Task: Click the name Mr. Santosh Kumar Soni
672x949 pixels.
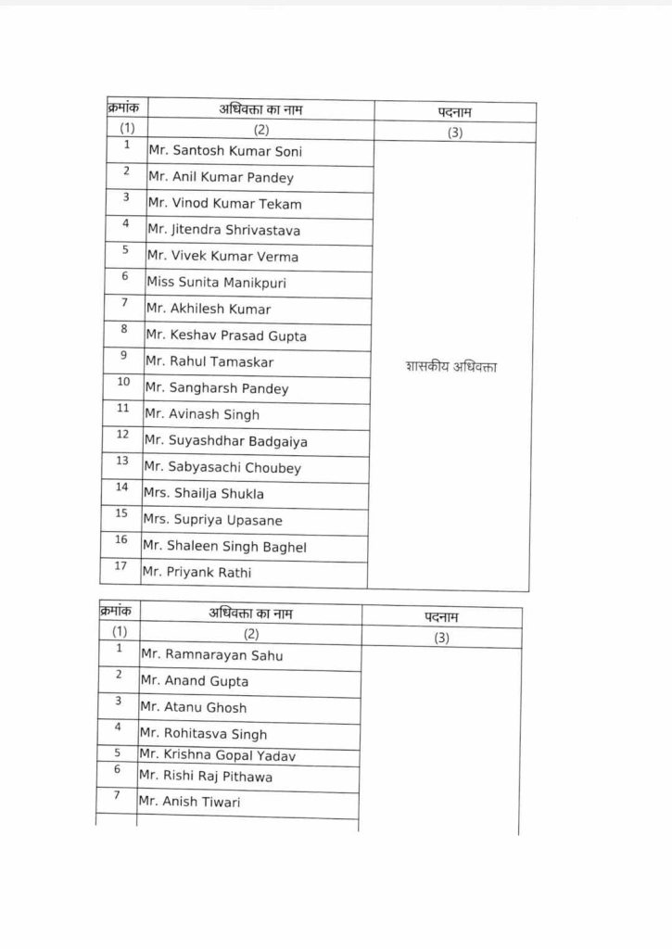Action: [224, 151]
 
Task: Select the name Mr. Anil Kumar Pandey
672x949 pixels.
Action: [221, 178]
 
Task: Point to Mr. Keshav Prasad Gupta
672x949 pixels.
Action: [226, 335]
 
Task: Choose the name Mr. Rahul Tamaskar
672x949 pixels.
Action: [209, 362]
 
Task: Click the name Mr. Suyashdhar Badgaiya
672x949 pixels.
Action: [225, 441]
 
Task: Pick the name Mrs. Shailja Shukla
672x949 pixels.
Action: [204, 494]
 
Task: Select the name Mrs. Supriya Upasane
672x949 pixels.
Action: [212, 520]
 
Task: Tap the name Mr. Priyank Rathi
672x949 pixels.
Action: [197, 573]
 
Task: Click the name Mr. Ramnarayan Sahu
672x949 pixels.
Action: [211, 655]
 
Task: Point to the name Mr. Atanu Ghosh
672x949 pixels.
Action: [193, 707]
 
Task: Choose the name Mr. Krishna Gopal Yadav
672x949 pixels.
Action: [217, 756]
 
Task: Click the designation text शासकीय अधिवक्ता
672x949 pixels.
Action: [451, 367]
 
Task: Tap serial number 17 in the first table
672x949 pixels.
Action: [120, 564]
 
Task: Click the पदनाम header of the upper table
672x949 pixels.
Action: [455, 112]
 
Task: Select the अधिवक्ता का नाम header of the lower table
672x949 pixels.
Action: [251, 614]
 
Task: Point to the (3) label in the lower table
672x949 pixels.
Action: [441, 638]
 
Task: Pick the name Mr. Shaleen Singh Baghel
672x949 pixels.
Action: [223, 547]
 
